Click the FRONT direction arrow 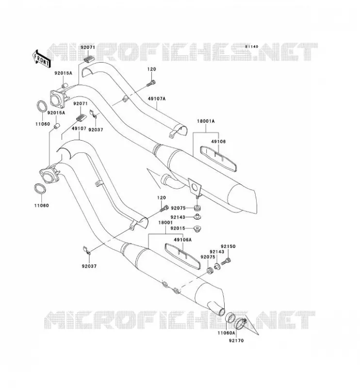[x=42, y=59]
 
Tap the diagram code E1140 [x=252, y=47]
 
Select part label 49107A [x=157, y=98]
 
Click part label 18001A [x=206, y=121]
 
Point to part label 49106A [x=183, y=240]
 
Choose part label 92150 [x=228, y=246]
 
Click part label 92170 [x=236, y=340]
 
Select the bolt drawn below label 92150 [x=226, y=261]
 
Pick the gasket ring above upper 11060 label [x=42, y=106]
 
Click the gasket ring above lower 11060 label [x=40, y=189]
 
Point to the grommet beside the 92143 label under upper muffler [x=197, y=217]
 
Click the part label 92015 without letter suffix [x=178, y=228]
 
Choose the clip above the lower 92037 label [x=87, y=250]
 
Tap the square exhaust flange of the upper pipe [x=57, y=99]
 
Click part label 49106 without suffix [x=218, y=141]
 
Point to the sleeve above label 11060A [x=230, y=318]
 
